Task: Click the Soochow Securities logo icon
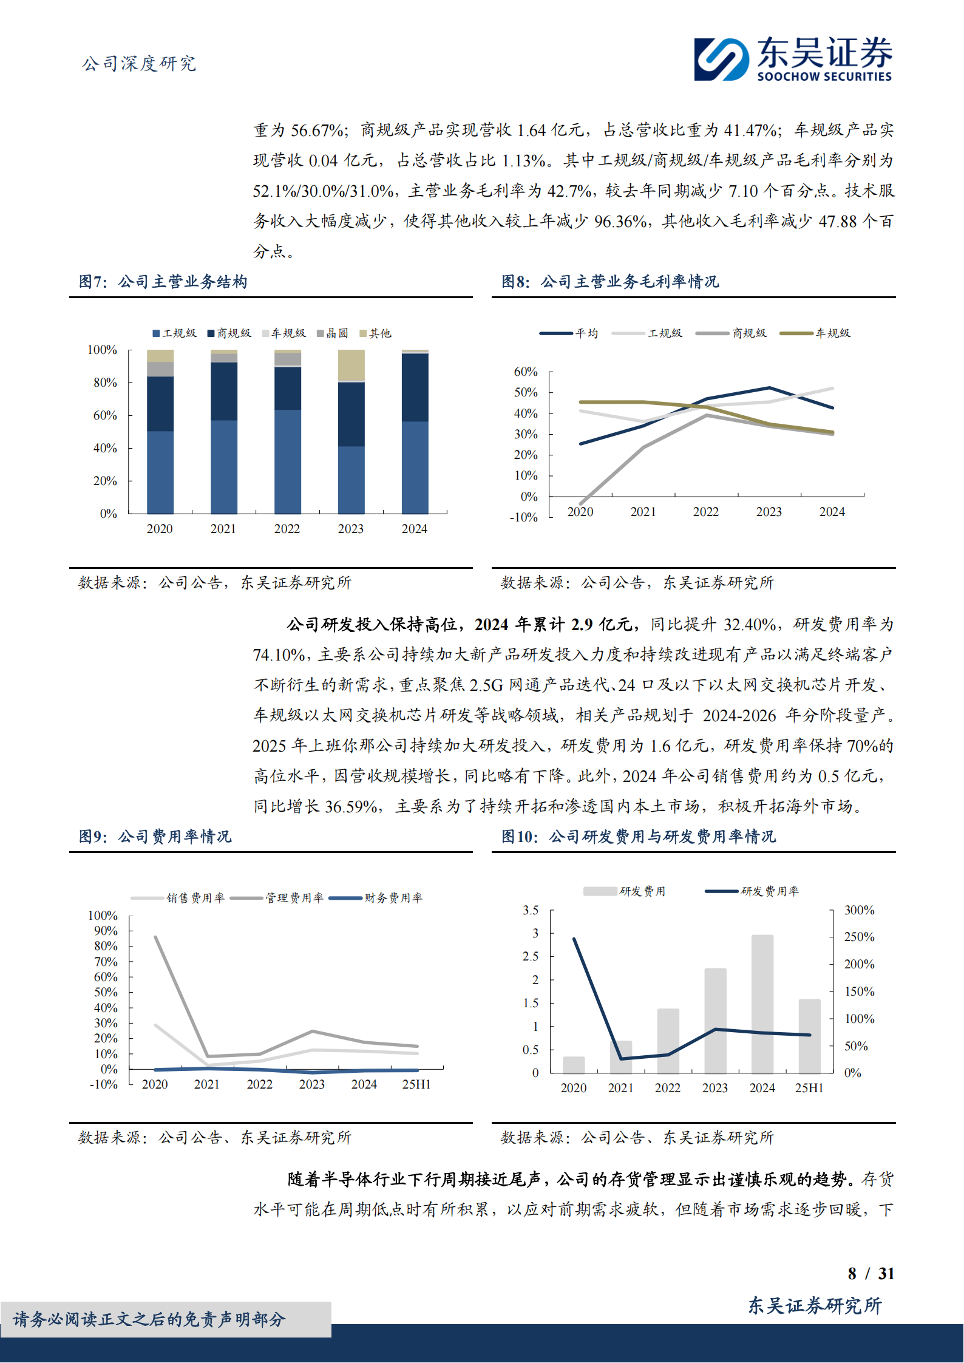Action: (x=721, y=59)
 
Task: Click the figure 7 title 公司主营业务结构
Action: (x=182, y=282)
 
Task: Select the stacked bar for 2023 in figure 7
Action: (x=351, y=432)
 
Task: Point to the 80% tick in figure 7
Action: (x=105, y=382)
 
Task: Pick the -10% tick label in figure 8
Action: (x=523, y=517)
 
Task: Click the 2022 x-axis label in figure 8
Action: (x=706, y=512)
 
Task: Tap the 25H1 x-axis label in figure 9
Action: (x=416, y=1084)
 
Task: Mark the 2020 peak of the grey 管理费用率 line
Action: (x=156, y=937)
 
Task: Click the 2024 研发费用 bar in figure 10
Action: (x=762, y=1004)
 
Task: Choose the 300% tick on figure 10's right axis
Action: (x=859, y=910)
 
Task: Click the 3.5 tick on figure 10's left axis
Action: (x=531, y=910)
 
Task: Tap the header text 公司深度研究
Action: (x=139, y=64)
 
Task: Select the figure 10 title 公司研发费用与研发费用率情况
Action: (x=662, y=837)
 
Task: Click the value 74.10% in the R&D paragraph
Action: (x=279, y=655)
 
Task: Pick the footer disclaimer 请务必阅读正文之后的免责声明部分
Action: (x=149, y=1319)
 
